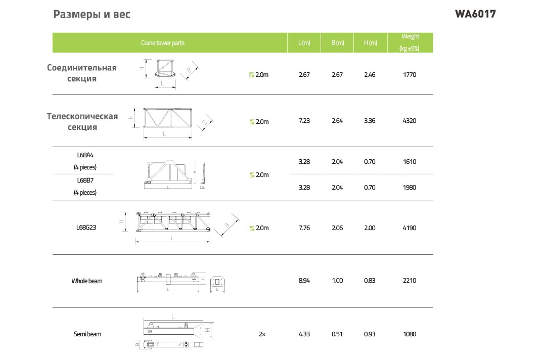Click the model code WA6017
(x=475, y=14)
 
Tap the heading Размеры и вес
(x=92, y=15)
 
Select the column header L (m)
(x=304, y=42)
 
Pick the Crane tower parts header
(x=162, y=42)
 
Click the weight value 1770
(x=410, y=75)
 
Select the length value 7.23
(x=304, y=121)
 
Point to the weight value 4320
(x=410, y=121)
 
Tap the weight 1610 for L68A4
(x=410, y=162)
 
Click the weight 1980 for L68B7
(x=410, y=188)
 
